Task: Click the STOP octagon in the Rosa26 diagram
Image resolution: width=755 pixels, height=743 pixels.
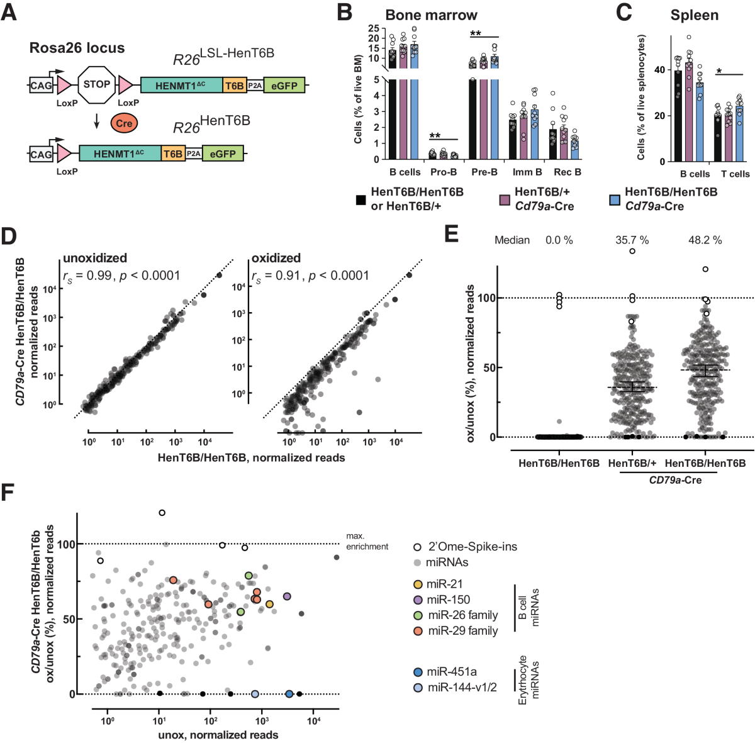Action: pos(96,84)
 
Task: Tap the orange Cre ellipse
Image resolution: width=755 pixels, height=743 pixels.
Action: pos(124,123)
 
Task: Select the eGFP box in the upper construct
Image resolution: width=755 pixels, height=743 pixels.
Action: pos(284,86)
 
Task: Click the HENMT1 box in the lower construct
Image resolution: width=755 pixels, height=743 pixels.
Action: pos(120,154)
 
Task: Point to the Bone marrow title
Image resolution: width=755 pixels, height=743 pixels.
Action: pos(431,15)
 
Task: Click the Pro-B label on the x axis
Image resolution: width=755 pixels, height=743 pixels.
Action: pos(444,172)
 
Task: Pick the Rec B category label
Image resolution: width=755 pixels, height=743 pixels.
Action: pos(568,172)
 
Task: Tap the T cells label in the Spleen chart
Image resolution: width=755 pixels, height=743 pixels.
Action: pos(735,174)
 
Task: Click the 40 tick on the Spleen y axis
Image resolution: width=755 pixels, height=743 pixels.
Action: pos(659,70)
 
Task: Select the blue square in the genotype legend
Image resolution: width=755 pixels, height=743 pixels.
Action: pos(615,199)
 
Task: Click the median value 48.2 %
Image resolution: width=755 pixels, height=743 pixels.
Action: pos(705,240)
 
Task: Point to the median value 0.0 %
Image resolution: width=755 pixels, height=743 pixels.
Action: pos(559,240)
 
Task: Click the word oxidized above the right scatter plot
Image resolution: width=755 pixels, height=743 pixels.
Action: pos(276,258)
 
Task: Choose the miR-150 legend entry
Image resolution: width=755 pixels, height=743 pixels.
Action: pos(447,600)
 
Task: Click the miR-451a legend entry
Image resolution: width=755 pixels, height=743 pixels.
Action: pos(450,672)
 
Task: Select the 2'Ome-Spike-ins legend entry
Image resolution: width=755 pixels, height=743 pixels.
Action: pos(472,547)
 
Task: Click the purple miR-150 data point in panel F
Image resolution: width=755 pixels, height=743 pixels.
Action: pos(287,596)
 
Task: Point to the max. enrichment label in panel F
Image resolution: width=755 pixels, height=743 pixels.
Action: pos(367,542)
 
